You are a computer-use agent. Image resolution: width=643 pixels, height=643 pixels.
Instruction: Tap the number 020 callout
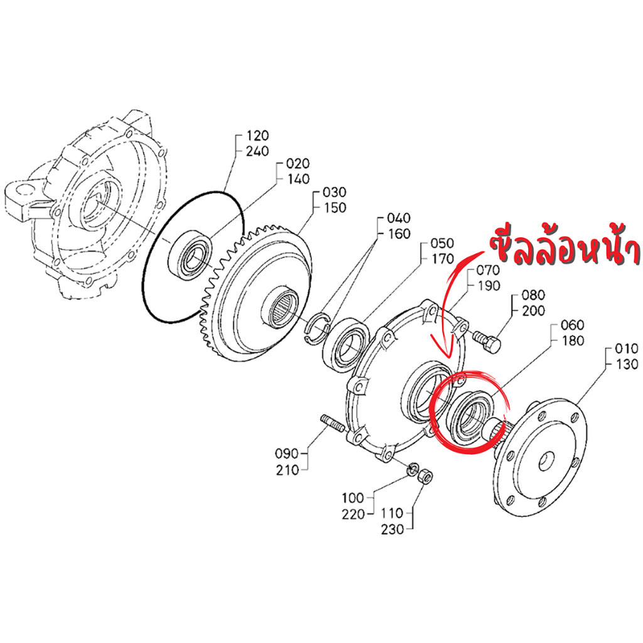coord(298,164)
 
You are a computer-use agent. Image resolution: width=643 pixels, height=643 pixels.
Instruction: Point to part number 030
coord(334,192)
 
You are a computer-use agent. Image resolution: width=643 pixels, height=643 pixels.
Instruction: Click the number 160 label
coord(399,234)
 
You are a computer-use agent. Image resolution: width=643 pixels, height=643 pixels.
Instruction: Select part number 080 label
coord(533,294)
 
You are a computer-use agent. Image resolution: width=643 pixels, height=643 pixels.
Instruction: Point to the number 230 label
coord(392,529)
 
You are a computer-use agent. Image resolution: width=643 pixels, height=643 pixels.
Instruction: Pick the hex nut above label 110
coord(424,478)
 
